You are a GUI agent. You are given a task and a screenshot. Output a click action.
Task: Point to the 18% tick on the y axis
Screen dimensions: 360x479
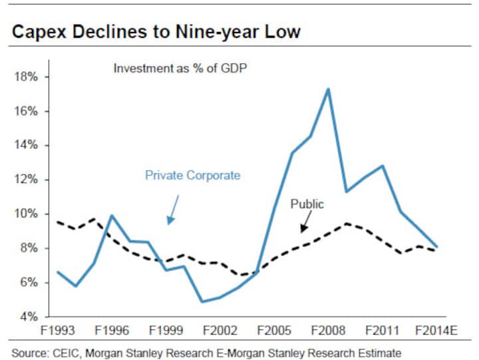coord(26,77)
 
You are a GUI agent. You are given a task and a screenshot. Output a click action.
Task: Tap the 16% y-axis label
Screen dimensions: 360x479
coord(26,111)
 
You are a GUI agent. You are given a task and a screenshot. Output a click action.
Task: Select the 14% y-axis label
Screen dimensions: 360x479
coord(26,145)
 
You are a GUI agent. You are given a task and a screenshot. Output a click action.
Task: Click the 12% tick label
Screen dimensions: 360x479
coord(26,180)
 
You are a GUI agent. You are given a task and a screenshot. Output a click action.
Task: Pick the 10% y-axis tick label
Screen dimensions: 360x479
coord(26,214)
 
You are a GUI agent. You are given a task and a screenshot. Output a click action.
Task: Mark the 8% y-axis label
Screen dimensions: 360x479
coord(29,248)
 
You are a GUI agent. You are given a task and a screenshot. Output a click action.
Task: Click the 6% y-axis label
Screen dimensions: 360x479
coord(29,283)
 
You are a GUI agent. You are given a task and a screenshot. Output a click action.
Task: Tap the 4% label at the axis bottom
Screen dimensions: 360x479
coord(29,317)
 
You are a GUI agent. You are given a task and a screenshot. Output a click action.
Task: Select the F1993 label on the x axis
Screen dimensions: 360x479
coord(58,330)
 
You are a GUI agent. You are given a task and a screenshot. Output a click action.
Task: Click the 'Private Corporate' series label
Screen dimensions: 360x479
coord(192,176)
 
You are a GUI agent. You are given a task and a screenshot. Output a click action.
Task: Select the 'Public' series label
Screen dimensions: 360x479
coord(307,204)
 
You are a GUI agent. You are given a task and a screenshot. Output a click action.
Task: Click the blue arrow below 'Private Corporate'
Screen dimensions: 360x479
coord(172,209)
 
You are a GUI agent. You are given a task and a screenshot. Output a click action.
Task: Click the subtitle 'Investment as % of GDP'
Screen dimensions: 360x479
coord(180,69)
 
